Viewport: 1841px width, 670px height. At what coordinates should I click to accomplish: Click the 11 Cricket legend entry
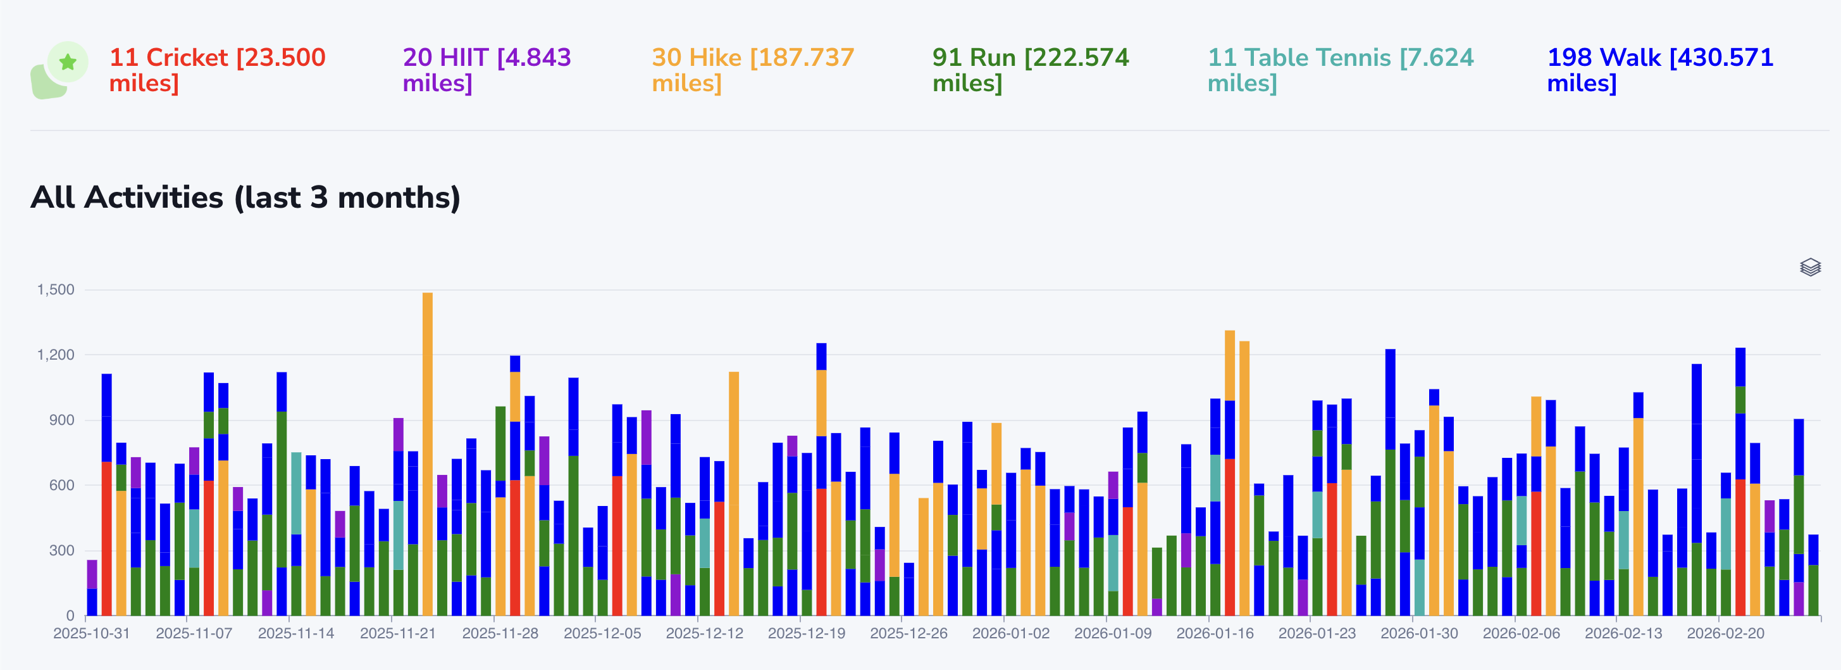[x=216, y=70]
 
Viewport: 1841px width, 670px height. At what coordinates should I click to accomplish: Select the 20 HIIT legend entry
[x=486, y=70]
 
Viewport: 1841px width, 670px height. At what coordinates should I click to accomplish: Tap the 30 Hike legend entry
[x=753, y=70]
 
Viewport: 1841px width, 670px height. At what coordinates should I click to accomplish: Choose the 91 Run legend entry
[x=1030, y=70]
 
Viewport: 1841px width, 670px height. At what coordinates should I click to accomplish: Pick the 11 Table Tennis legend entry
[x=1340, y=70]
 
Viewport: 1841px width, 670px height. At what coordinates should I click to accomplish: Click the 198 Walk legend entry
[x=1659, y=70]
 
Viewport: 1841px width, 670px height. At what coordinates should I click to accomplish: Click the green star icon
[x=68, y=62]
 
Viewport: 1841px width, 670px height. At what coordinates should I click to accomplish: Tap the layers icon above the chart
[x=1809, y=267]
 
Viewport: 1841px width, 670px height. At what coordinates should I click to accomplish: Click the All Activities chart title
[x=245, y=198]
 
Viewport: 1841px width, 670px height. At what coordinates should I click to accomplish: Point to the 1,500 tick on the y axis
[x=56, y=289]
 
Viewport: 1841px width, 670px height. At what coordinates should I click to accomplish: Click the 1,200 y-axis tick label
[x=56, y=355]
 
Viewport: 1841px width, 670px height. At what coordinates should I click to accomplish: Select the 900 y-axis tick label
[x=61, y=420]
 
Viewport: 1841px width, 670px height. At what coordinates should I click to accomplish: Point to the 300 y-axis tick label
[x=61, y=550]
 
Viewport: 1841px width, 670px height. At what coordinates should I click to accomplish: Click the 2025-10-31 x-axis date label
[x=92, y=633]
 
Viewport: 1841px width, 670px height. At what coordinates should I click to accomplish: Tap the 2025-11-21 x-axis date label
[x=398, y=633]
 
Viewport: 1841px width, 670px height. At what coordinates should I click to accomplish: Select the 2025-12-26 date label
[x=908, y=633]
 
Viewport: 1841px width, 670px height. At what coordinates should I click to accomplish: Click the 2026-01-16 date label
[x=1215, y=633]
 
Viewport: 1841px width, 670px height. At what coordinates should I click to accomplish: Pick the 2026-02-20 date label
[x=1725, y=633]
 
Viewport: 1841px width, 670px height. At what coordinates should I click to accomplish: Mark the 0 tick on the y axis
[x=70, y=616]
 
